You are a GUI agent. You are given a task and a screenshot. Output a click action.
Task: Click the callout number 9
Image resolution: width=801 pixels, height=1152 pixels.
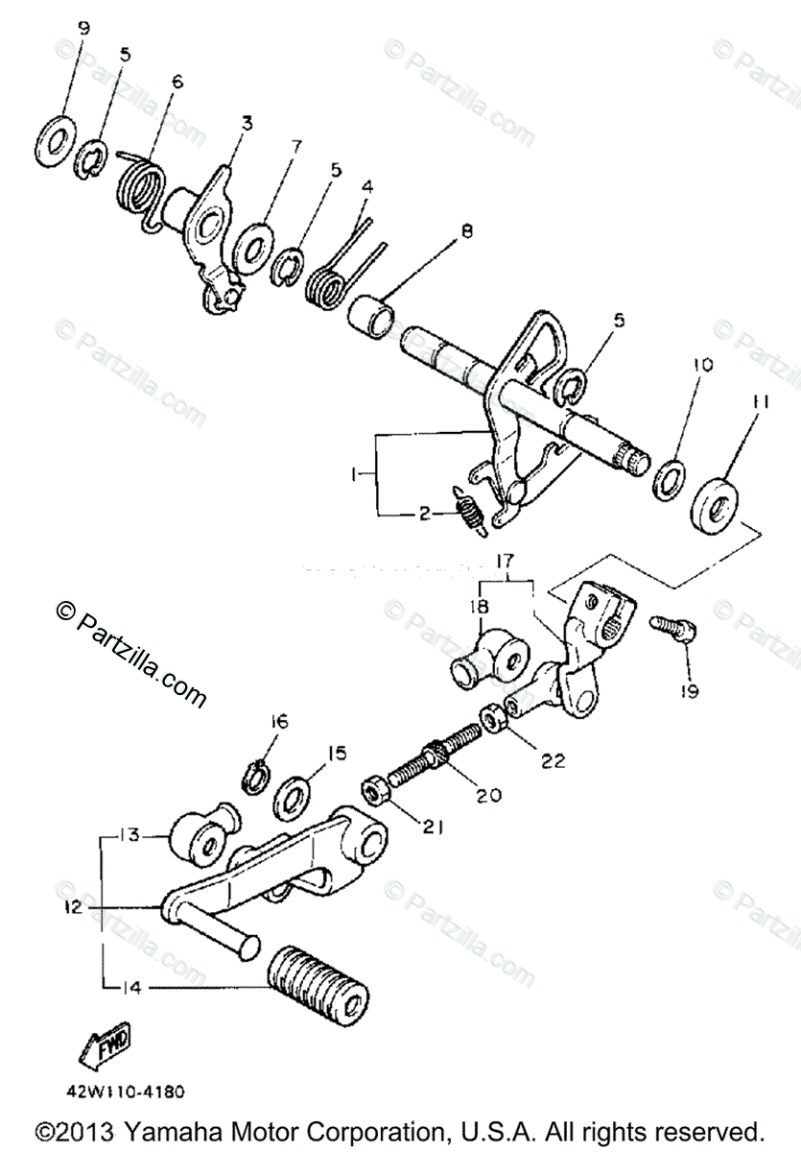(83, 29)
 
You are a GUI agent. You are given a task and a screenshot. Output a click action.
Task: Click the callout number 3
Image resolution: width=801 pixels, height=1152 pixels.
(247, 123)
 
